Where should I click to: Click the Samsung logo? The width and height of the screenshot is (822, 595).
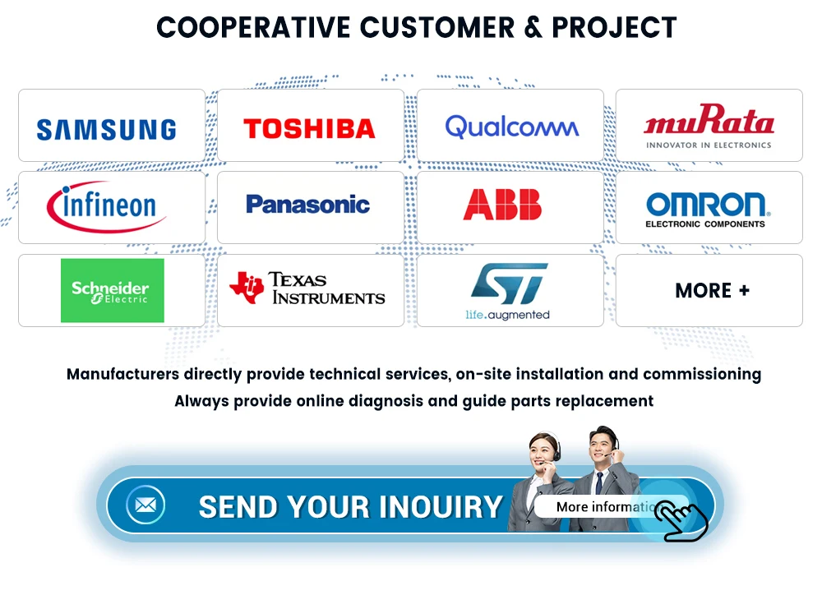[106, 129]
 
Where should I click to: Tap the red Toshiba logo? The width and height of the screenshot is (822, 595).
[309, 128]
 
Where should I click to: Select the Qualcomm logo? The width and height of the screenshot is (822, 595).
[511, 127]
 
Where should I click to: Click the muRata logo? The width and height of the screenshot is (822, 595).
[709, 127]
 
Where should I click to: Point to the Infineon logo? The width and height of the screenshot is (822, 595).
[106, 205]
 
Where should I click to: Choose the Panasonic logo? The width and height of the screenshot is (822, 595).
[308, 205]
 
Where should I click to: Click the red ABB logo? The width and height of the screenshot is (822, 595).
[502, 205]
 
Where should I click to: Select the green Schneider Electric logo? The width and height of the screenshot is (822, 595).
[112, 291]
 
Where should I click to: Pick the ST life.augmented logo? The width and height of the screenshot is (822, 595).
[508, 291]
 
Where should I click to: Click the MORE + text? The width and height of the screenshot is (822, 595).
[712, 291]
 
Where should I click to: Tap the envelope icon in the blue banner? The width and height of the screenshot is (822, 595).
[145, 505]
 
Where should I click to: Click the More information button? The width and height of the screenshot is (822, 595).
[604, 506]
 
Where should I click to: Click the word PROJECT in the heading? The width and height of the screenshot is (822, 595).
[614, 27]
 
